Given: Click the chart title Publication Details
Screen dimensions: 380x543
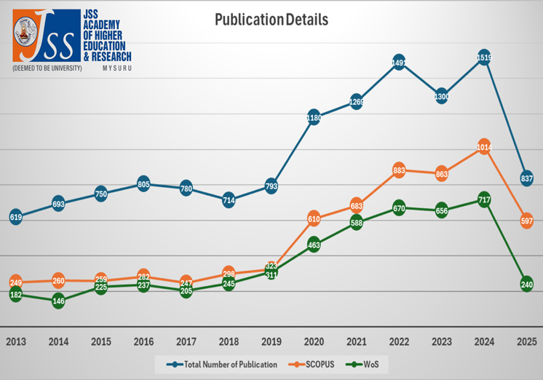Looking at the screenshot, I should (x=271, y=20).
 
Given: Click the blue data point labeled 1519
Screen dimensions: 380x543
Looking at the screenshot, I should (x=484, y=59).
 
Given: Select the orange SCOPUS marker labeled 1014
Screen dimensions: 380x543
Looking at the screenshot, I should (x=484, y=147).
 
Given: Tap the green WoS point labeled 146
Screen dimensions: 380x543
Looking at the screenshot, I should (x=58, y=300).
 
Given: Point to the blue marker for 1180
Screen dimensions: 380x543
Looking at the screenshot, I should (x=314, y=118).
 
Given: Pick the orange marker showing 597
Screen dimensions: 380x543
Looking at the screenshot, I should (x=527, y=221).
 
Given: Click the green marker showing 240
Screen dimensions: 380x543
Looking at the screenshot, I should (x=527, y=285).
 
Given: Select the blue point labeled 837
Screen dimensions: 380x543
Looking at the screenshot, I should (x=527, y=178).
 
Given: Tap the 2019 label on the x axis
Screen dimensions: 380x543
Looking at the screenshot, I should (x=271, y=341).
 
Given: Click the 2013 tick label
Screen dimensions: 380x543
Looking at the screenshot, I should (x=15, y=341).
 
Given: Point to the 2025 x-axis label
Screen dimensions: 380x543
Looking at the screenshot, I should (x=527, y=341).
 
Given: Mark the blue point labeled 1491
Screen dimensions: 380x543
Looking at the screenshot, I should (x=399, y=63).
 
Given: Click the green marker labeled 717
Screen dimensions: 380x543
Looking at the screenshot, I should (x=484, y=199).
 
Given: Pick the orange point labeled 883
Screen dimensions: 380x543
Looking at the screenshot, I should (x=399, y=170).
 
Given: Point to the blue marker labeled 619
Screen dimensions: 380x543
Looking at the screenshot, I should (x=15, y=216).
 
